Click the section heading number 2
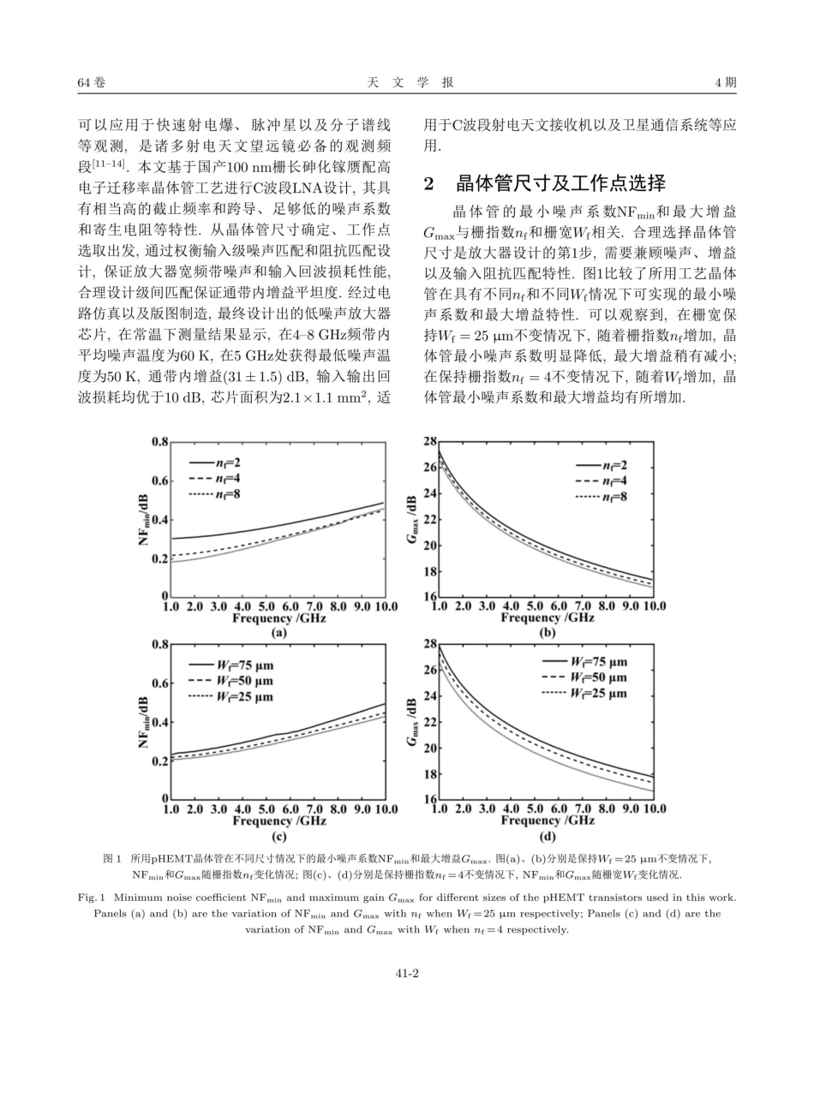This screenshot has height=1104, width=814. (430, 182)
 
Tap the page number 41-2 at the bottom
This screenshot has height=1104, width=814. (406, 973)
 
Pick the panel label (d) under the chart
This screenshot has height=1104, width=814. (548, 836)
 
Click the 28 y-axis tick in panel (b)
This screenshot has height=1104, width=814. (430, 441)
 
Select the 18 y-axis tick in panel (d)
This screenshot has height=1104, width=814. (430, 774)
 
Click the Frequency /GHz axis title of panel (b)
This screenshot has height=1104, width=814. (548, 618)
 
